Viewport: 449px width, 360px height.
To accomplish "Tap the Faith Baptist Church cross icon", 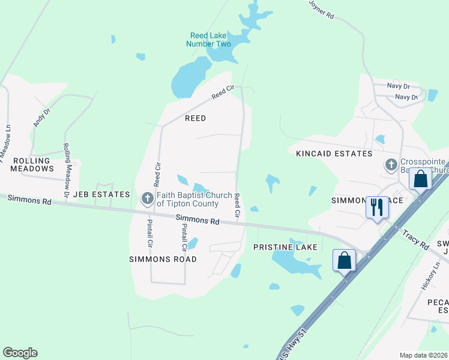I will pos(148,198).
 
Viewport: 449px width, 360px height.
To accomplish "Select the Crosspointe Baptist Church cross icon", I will pos(391,164).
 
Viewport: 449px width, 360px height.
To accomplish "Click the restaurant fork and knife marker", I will pos(377,208).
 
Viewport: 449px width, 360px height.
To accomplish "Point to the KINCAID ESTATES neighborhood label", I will pos(334,154).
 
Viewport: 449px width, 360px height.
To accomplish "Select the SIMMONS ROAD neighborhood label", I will pos(163,259).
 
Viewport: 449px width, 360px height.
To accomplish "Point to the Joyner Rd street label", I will pos(322,10).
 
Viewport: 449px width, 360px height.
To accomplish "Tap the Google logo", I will pos(20,353).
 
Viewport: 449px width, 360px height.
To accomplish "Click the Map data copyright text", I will pos(423,355).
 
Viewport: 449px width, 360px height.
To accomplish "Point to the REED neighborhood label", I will pos(195,118).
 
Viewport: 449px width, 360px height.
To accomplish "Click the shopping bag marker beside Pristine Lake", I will pos(345,260).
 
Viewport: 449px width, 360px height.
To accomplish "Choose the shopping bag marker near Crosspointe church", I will pos(421,179).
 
